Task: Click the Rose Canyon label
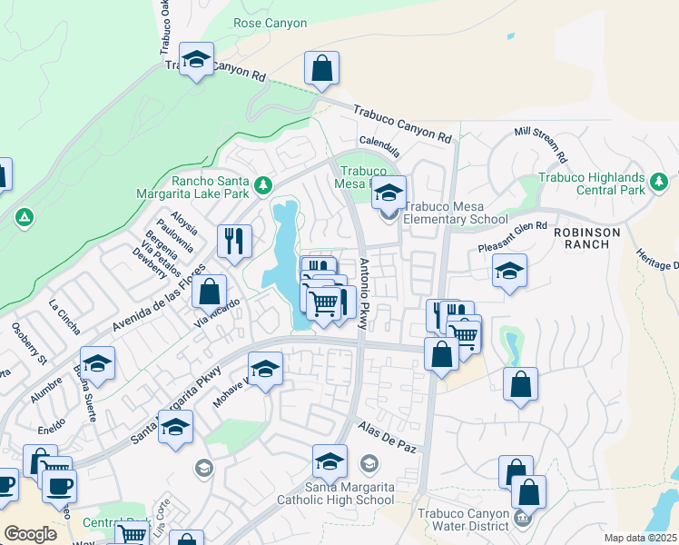(271, 23)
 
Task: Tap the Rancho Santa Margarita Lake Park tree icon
(262, 185)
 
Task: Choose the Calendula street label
(379, 143)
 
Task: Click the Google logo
(30, 533)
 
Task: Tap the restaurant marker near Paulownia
(234, 241)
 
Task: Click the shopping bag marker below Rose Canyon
(321, 68)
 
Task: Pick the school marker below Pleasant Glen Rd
(509, 271)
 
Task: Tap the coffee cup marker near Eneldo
(59, 486)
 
